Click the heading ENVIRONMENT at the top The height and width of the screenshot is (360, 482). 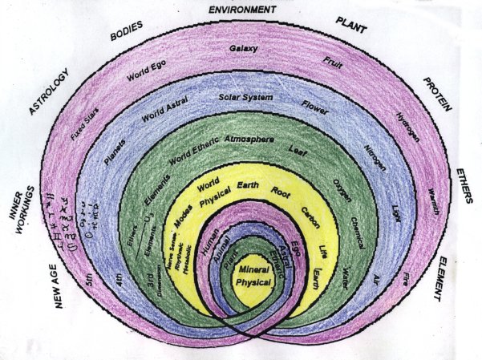click(x=241, y=10)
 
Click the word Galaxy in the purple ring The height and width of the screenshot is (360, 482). click(x=244, y=49)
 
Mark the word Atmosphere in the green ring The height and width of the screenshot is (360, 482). click(x=249, y=140)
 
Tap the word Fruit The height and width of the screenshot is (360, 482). click(x=332, y=62)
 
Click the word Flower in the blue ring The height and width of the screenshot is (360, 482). click(x=315, y=104)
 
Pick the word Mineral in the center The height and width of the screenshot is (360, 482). click(x=253, y=273)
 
